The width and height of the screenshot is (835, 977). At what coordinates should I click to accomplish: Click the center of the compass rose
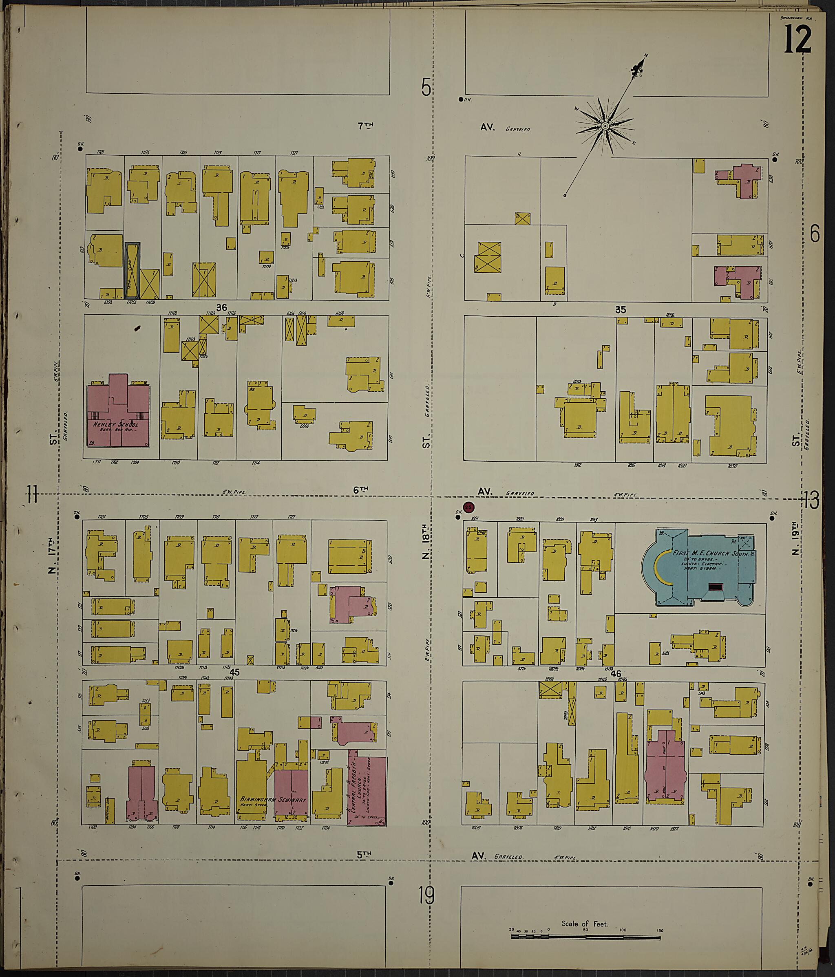(x=604, y=126)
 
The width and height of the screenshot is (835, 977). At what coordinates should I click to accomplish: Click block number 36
(x=221, y=308)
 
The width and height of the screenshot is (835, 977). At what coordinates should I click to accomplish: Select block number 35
(x=621, y=310)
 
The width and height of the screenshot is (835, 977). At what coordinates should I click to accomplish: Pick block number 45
(x=234, y=673)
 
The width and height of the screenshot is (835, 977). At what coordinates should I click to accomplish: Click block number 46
(x=616, y=674)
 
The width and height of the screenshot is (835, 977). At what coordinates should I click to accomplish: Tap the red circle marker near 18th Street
(x=468, y=507)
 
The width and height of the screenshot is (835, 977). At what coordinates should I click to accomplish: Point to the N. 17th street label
(x=52, y=556)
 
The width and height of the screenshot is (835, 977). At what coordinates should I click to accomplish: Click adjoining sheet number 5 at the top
(x=426, y=88)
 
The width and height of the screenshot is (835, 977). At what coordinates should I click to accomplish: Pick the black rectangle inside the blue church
(x=716, y=587)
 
